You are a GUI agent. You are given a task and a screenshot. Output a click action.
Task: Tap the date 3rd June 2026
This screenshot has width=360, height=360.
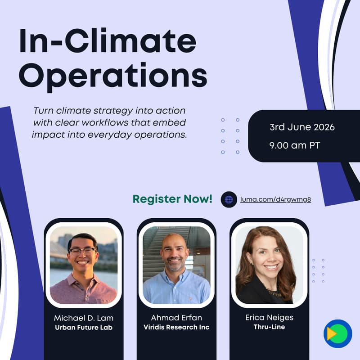tap(302, 127)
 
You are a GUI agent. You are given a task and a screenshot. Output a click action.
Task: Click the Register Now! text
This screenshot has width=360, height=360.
tap(172, 199)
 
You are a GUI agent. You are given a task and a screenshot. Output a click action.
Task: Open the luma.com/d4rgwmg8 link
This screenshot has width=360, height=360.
tap(275, 199)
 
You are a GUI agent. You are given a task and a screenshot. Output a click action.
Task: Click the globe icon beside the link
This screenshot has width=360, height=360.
tap(229, 199)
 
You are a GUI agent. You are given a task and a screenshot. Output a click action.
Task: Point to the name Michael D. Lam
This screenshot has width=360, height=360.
tap(84, 318)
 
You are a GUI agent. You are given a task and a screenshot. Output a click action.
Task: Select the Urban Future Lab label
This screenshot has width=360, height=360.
tap(84, 328)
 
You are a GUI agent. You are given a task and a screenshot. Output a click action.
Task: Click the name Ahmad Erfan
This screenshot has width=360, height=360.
tap(176, 318)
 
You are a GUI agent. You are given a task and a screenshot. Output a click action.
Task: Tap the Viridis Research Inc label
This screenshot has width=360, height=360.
tap(176, 328)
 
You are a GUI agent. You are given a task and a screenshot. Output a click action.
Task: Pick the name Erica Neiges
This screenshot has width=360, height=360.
tap(269, 318)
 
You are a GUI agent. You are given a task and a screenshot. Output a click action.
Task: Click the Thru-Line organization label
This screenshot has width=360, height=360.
tap(269, 327)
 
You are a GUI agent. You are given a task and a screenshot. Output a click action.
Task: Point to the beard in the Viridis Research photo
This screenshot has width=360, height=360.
tap(175, 265)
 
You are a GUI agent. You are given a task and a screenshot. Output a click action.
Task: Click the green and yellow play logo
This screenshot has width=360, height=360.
tap(337, 333)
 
